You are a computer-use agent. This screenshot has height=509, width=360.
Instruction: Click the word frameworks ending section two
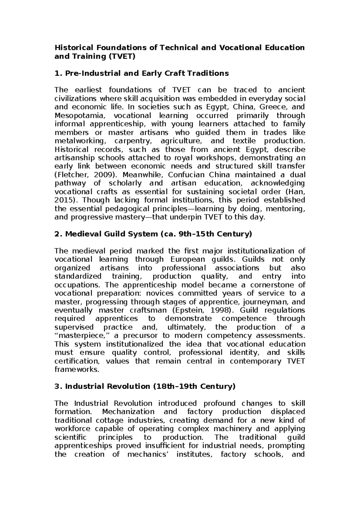pyautogui.click(x=76, y=369)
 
